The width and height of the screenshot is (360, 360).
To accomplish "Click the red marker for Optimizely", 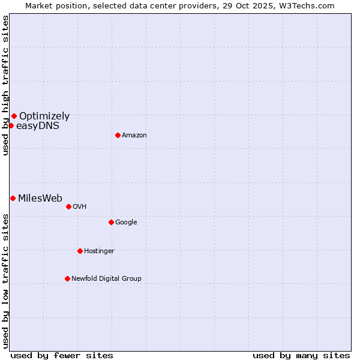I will point(14,116).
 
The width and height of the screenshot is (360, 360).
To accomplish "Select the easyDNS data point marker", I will point(11,125).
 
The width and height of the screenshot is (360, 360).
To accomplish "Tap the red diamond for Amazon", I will point(118,135).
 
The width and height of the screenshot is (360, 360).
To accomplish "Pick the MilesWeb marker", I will point(13,198).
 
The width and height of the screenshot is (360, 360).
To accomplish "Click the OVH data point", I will point(68,206).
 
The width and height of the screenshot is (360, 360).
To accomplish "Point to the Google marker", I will point(111,222).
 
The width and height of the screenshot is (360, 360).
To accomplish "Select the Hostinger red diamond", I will point(80,251).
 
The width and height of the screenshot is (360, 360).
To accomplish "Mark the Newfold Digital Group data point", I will point(67,278).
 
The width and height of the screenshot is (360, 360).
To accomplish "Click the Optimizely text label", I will point(44,116).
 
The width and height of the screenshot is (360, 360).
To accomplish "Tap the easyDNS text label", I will point(38,126).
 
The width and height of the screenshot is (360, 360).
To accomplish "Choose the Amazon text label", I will point(134,136).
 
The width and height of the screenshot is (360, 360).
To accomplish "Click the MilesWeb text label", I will point(40,199).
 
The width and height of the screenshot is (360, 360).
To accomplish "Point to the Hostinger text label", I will point(99,251).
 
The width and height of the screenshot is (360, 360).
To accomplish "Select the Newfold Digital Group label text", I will point(106,279).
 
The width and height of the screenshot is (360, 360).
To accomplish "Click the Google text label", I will point(126,223).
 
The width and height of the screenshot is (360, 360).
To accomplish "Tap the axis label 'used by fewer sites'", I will point(62,355).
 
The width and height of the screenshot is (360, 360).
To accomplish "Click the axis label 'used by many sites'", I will point(301,355).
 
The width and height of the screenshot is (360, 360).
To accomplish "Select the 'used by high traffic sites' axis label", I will point(5,85).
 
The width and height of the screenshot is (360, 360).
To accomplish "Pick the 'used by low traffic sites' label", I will point(5,281).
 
